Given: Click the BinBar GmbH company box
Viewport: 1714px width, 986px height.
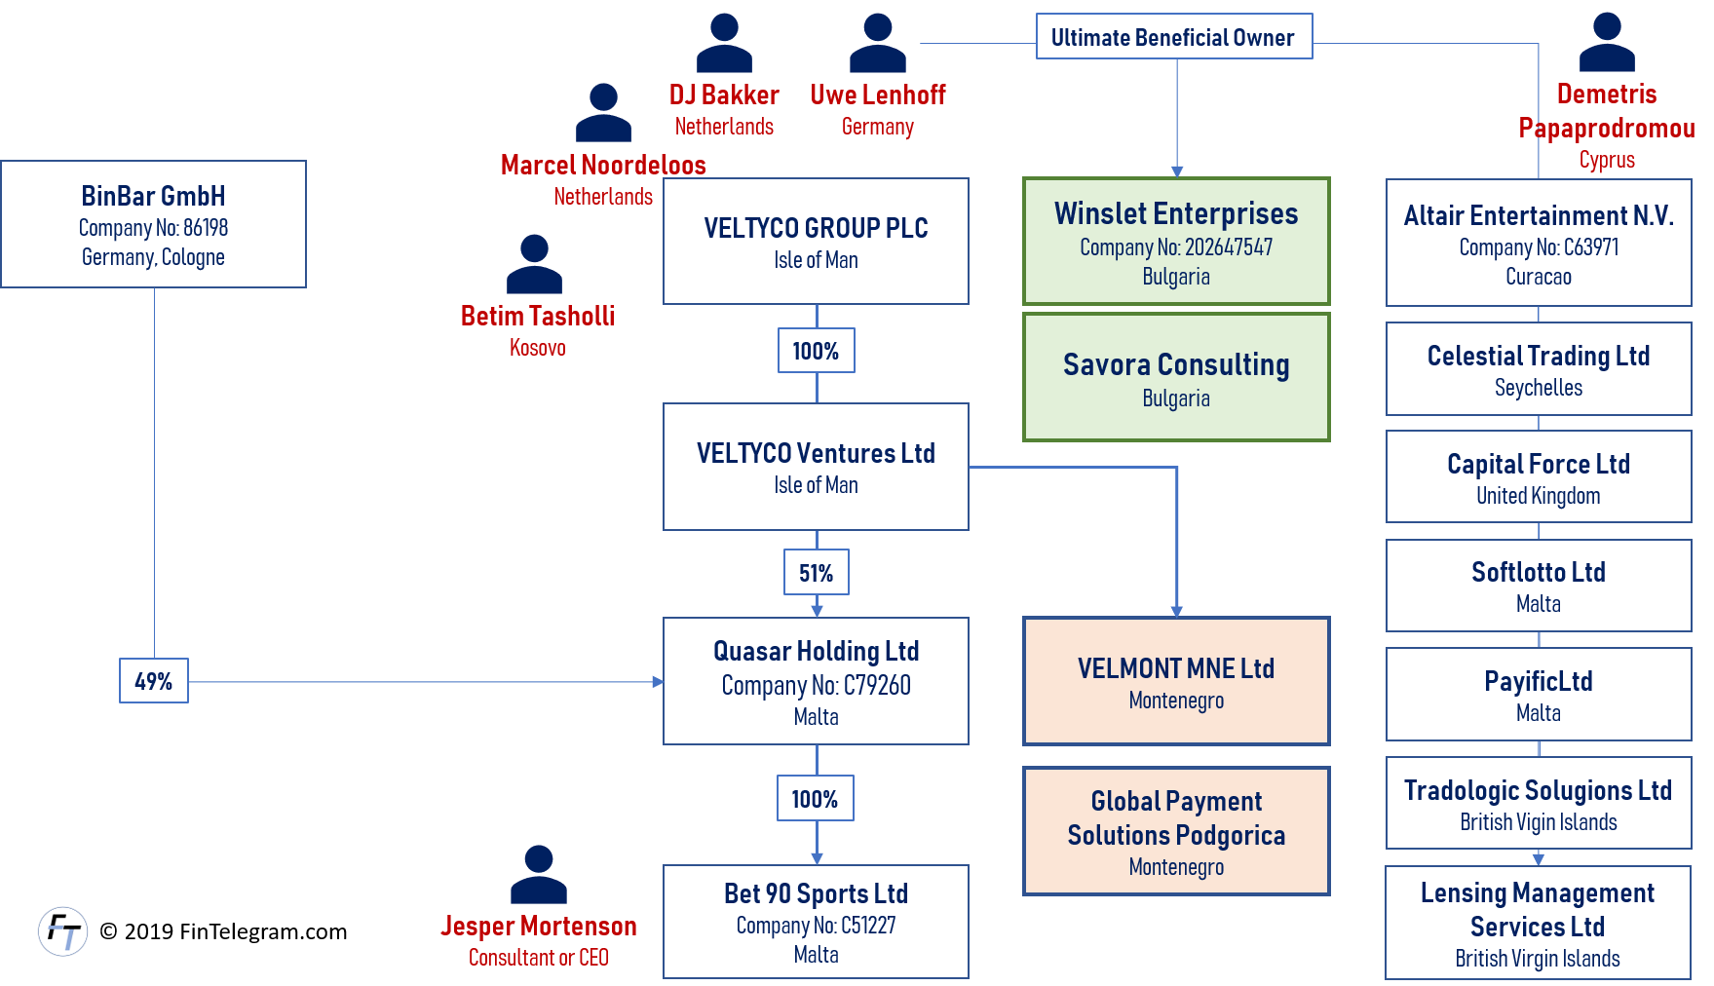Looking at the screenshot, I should [153, 224].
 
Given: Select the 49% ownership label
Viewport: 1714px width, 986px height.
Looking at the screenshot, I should [153, 681].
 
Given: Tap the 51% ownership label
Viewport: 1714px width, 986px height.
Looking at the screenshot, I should [816, 573].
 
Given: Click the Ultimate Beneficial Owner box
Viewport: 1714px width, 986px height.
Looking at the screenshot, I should [1173, 37].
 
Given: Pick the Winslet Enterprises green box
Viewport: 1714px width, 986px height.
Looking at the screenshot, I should [1176, 242].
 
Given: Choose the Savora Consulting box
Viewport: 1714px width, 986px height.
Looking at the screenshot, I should [1176, 377].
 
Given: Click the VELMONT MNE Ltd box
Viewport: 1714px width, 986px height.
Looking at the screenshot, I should [1176, 681].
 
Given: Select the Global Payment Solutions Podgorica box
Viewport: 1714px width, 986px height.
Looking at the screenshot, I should [1176, 831].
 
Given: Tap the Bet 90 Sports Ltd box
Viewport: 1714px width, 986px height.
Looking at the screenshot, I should [816, 922].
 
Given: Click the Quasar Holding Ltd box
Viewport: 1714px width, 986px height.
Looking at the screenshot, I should [816, 681].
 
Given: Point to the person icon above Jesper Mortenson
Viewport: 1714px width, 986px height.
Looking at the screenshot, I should [538, 874].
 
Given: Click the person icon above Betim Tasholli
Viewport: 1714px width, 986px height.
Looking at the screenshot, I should [534, 264].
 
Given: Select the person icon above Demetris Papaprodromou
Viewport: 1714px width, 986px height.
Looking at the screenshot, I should [1607, 43].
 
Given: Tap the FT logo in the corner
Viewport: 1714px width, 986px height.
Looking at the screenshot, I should [63, 931].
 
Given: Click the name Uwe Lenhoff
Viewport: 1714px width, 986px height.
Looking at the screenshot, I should [878, 95].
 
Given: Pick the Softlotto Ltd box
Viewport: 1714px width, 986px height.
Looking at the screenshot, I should [1538, 586].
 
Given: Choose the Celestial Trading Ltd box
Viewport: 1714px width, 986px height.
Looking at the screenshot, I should [1538, 369].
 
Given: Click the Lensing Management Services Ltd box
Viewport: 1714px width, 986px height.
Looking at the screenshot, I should [1538, 923].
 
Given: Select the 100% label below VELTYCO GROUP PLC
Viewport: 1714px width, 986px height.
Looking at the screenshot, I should [816, 351].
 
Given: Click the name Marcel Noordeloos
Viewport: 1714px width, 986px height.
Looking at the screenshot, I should [603, 165].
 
